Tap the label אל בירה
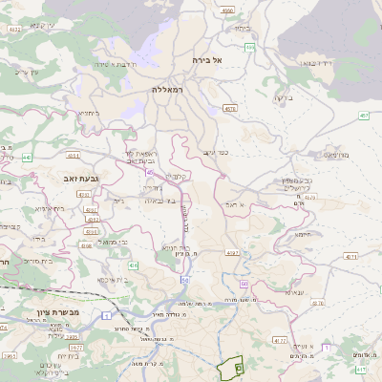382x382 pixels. pos(206,59)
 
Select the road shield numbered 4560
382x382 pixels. pos(226,11)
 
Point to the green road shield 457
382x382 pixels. pos(364,116)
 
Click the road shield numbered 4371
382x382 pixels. pos(350,257)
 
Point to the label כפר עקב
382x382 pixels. pos(215,152)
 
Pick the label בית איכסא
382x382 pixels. pos(116,279)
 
